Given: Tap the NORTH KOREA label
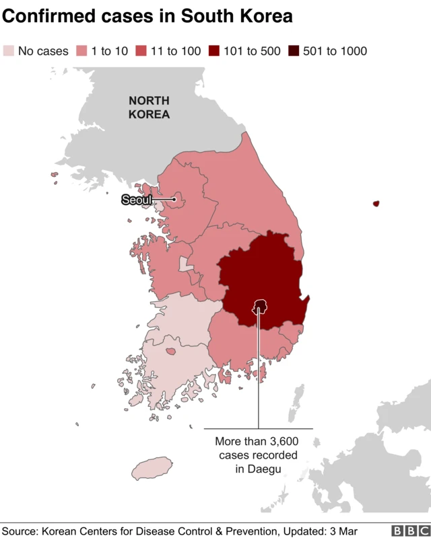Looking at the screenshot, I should tap(149, 108).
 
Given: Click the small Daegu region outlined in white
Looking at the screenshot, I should tap(259, 307).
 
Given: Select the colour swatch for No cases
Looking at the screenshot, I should tap(9, 51).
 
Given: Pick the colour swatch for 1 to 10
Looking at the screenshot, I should tap(82, 51).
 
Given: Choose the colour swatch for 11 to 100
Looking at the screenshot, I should tap(142, 51).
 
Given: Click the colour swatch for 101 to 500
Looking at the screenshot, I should tap(214, 51).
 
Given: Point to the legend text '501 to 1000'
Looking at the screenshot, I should tap(335, 51).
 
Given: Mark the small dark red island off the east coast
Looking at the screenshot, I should tap(376, 203).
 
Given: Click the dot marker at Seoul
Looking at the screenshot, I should tap(174, 199).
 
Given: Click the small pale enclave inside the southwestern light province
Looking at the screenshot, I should tap(169, 350).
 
